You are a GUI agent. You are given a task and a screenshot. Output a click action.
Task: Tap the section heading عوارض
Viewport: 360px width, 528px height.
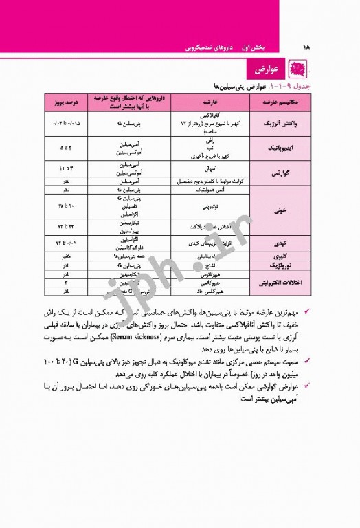[265, 71]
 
